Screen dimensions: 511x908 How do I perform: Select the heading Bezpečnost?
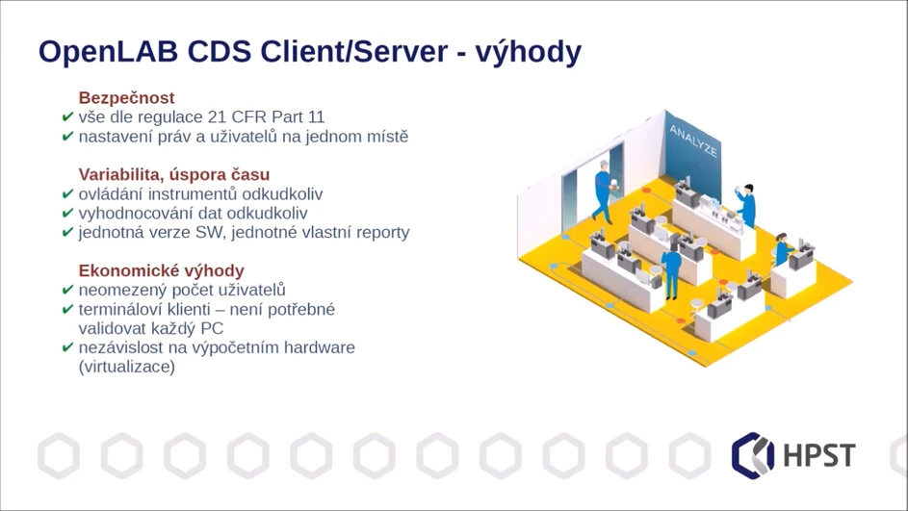126,98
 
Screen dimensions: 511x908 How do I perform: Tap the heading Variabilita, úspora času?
173,175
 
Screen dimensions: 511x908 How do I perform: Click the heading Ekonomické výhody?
161,270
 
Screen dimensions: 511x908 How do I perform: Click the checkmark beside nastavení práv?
67,137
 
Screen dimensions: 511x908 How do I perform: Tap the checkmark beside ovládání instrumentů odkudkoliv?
67,194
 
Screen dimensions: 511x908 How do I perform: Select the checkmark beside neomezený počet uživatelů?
67,290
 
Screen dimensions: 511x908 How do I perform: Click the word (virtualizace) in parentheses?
126,367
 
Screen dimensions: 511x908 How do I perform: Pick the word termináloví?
124,309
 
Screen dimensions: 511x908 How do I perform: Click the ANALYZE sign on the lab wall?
692,141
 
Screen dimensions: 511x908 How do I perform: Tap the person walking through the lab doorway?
602,192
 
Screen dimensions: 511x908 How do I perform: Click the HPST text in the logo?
817,454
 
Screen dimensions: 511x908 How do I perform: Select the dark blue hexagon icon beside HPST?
753,454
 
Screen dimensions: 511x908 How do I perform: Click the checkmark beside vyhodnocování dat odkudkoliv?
67,214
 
